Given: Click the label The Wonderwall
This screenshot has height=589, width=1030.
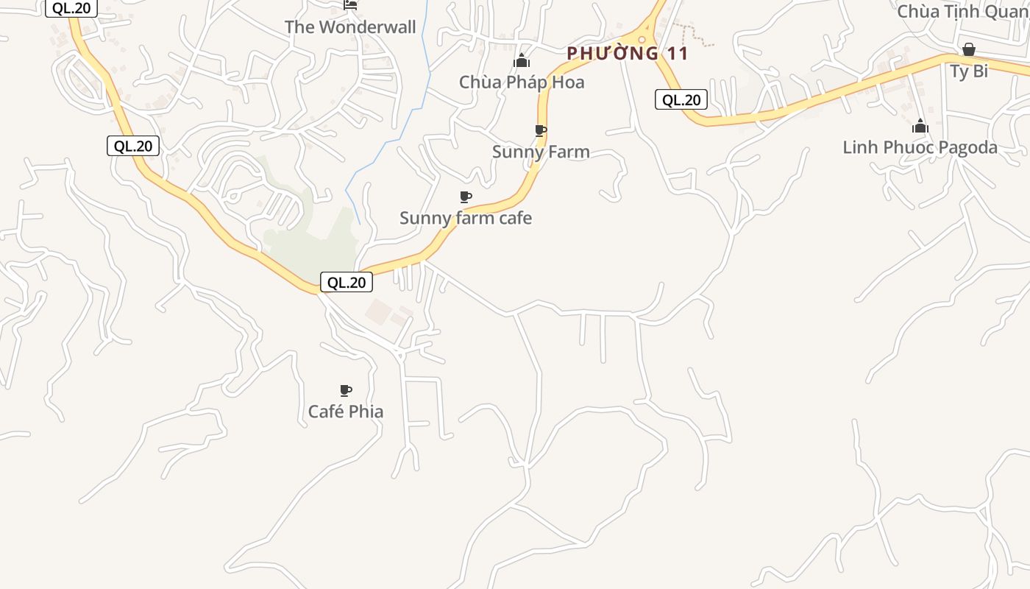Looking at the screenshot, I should [350, 27].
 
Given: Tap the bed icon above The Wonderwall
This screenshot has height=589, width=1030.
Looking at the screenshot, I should [351, 5].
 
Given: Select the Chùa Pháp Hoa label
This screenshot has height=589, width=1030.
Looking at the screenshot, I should [522, 82].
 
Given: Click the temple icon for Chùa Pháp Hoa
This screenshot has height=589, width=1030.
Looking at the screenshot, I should [522, 60].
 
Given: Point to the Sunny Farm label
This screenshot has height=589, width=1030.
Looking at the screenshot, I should [541, 152].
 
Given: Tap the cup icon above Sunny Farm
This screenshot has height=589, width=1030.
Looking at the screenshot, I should [541, 130].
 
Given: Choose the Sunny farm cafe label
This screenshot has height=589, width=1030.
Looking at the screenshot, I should [466, 218].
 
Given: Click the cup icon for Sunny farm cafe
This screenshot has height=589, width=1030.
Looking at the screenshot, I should [465, 197].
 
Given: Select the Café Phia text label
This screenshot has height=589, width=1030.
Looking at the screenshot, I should [346, 412].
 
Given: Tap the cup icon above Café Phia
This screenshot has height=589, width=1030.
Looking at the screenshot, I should [346, 390].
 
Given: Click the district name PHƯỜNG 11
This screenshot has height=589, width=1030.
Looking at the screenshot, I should [628, 53].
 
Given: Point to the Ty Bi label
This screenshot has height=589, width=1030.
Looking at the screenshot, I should [969, 71].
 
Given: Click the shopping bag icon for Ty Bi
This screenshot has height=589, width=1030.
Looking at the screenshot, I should [969, 49].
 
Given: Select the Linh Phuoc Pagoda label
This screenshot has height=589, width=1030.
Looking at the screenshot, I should [920, 147].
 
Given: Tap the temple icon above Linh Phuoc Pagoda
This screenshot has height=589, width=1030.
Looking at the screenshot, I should [920, 126].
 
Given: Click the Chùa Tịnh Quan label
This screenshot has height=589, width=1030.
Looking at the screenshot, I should [962, 11].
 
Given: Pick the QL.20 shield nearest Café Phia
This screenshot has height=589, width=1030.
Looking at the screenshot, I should [347, 282].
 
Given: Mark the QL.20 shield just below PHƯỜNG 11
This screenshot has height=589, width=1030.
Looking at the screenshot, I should [681, 99].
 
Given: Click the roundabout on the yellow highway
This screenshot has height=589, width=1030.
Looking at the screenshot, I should [643, 39].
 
